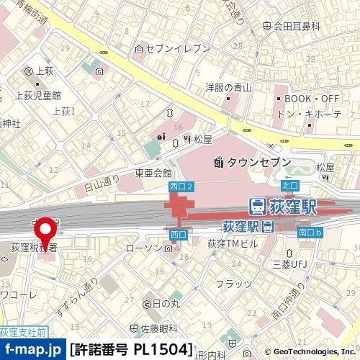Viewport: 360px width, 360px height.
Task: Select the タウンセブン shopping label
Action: coord(251,163)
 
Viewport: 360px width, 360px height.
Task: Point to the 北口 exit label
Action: coord(290,186)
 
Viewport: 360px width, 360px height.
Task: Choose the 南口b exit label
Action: coord(310,232)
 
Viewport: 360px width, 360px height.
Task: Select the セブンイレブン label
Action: coord(176,48)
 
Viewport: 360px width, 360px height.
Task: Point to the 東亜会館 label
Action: coord(153,174)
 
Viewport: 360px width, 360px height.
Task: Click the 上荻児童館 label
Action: coord(37,95)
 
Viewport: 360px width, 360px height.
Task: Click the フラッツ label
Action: coord(234,283)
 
